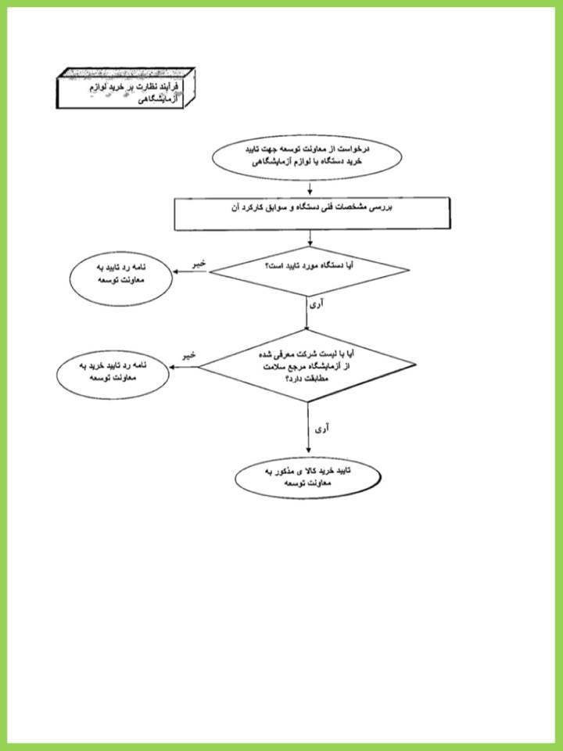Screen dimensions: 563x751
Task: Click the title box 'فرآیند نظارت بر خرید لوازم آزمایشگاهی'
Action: pos(125,88)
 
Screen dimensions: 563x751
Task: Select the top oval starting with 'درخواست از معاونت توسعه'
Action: pos(307,157)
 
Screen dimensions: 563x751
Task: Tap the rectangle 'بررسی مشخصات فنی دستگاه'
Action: pos(312,214)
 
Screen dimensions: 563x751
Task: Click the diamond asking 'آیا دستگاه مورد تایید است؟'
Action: pos(310,271)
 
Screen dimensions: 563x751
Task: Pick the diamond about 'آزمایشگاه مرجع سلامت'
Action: pos(307,366)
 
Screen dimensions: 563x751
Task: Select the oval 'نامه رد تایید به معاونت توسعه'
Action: pos(121,278)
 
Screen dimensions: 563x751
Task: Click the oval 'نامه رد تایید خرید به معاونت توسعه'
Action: pos(113,374)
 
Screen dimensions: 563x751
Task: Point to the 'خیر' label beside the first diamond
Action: pos(199,264)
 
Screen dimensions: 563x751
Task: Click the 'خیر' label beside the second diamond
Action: pos(189,355)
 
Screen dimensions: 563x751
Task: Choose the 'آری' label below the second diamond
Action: pos(321,429)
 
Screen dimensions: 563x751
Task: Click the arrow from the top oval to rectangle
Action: pos(310,189)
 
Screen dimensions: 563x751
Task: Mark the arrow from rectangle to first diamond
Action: pos(310,239)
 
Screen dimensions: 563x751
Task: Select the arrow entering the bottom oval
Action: pos(308,428)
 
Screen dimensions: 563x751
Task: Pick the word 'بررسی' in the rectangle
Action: pos(382,208)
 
